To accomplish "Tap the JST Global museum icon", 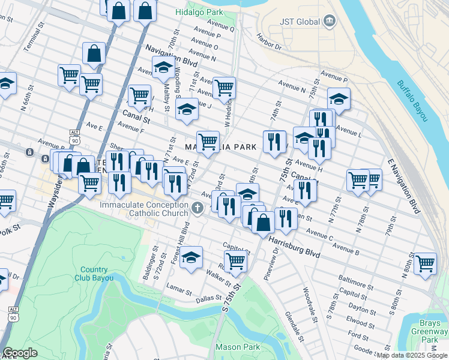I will tap(330, 22).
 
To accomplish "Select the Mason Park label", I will tap(238, 347).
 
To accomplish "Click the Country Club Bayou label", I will tap(93, 274).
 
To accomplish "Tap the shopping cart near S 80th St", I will tap(425, 263).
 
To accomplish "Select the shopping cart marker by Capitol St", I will tap(235, 261).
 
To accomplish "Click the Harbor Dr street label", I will tap(269, 42).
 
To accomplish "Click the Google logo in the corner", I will tap(20, 353).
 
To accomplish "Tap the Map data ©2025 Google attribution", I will tap(412, 355).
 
